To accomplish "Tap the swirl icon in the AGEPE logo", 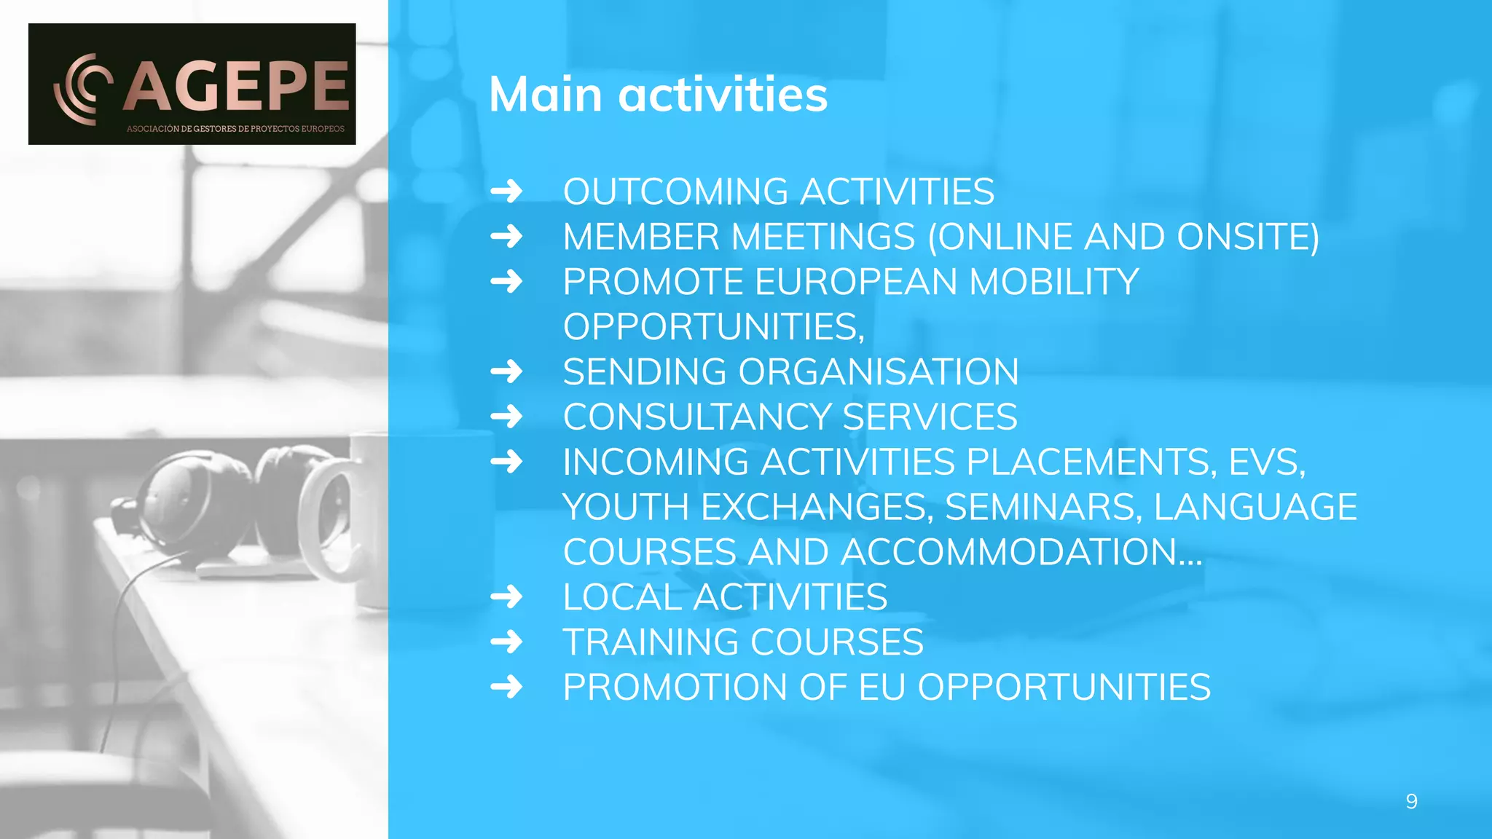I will [x=82, y=89].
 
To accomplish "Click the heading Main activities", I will [x=658, y=95].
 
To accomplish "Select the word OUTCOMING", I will [x=675, y=192].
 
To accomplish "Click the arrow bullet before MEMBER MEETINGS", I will [x=506, y=237].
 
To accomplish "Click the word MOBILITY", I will [x=1054, y=283].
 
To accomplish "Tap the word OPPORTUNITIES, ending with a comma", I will [x=713, y=327].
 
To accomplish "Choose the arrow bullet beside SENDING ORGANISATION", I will [x=506, y=371].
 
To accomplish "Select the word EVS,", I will [x=1267, y=462].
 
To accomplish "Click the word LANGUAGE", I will [x=1255, y=508].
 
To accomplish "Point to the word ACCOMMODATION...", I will [x=1020, y=553].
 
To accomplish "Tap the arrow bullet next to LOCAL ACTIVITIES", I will [x=506, y=597].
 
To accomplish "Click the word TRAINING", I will [x=651, y=642].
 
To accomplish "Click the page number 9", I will [x=1411, y=802].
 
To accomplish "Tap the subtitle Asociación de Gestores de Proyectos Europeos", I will [x=235, y=129].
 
